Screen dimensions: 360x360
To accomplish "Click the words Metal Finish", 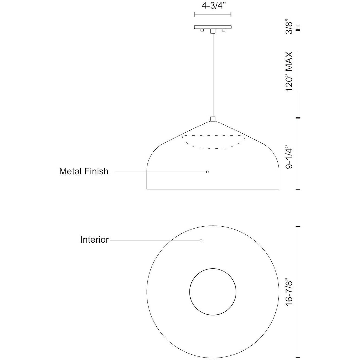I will [x=84, y=171].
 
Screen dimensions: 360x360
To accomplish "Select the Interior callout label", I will [x=94, y=240].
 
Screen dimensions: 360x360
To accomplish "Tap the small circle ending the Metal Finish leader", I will [x=207, y=172].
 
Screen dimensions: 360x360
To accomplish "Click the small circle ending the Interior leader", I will [x=201, y=240].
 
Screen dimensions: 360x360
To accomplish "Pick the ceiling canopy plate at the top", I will [x=213, y=27].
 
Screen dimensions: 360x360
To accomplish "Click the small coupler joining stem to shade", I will [x=213, y=119].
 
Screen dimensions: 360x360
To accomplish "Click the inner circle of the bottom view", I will [x=213, y=292].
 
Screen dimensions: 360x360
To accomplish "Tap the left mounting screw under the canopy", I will [x=202, y=30].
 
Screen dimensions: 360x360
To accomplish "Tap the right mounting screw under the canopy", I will [x=224, y=30].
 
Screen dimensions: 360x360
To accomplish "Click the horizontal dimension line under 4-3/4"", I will [x=213, y=14].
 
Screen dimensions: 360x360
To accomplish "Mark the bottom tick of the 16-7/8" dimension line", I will [x=298, y=357].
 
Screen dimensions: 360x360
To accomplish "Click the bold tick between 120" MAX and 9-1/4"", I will [x=298, y=118].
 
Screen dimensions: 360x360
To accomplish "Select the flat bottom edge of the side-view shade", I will [x=213, y=189].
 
